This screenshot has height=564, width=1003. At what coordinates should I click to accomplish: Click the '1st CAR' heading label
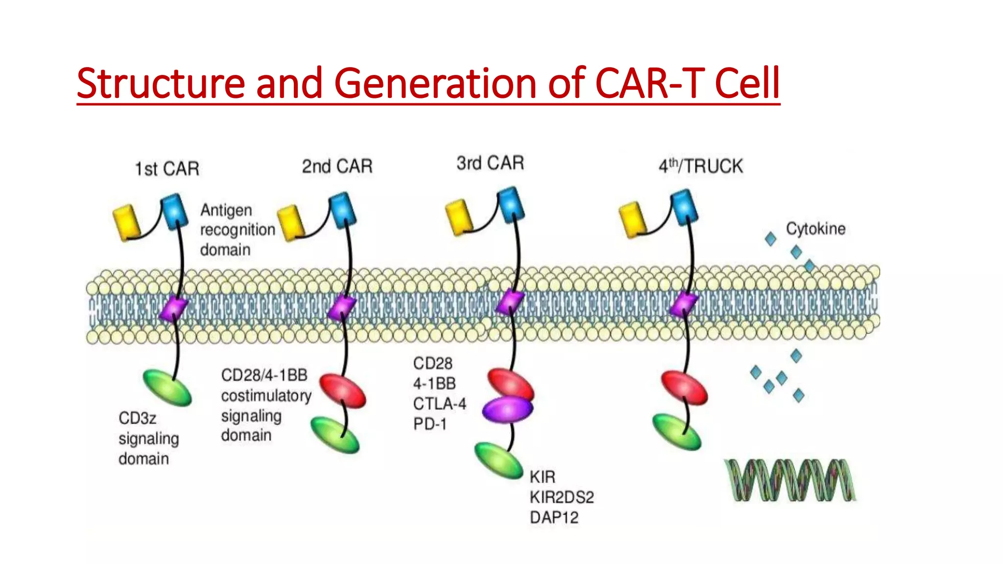pos(167,169)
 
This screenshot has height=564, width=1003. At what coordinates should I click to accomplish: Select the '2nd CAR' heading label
pos(337,166)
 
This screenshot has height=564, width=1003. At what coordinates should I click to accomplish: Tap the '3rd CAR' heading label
pos(490,163)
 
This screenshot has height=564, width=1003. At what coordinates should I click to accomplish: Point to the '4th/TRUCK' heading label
pos(700,166)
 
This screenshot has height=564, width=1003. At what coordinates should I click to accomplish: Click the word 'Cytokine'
pos(816,229)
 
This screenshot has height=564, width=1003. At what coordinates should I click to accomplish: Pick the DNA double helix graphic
pos(790,480)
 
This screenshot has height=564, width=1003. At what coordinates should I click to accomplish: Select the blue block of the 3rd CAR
pos(511,204)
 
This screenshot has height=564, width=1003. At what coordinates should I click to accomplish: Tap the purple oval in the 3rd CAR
pos(507,409)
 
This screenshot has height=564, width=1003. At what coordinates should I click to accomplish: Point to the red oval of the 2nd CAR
pos(343,391)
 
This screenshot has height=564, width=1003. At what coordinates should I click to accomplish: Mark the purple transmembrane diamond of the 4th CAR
pos(684,305)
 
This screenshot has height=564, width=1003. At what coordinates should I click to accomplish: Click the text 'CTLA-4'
pos(439,404)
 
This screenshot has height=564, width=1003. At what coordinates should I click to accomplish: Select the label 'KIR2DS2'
pos(562,497)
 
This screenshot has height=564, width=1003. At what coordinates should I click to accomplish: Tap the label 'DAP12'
pos(554,517)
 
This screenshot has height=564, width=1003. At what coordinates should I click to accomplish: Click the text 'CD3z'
pos(138,419)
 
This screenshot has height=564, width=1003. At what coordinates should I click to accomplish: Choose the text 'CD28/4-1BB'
pos(264,375)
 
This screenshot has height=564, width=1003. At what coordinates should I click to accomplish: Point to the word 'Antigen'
pos(226,211)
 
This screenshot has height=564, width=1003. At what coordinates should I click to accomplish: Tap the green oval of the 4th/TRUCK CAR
pos(677,432)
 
